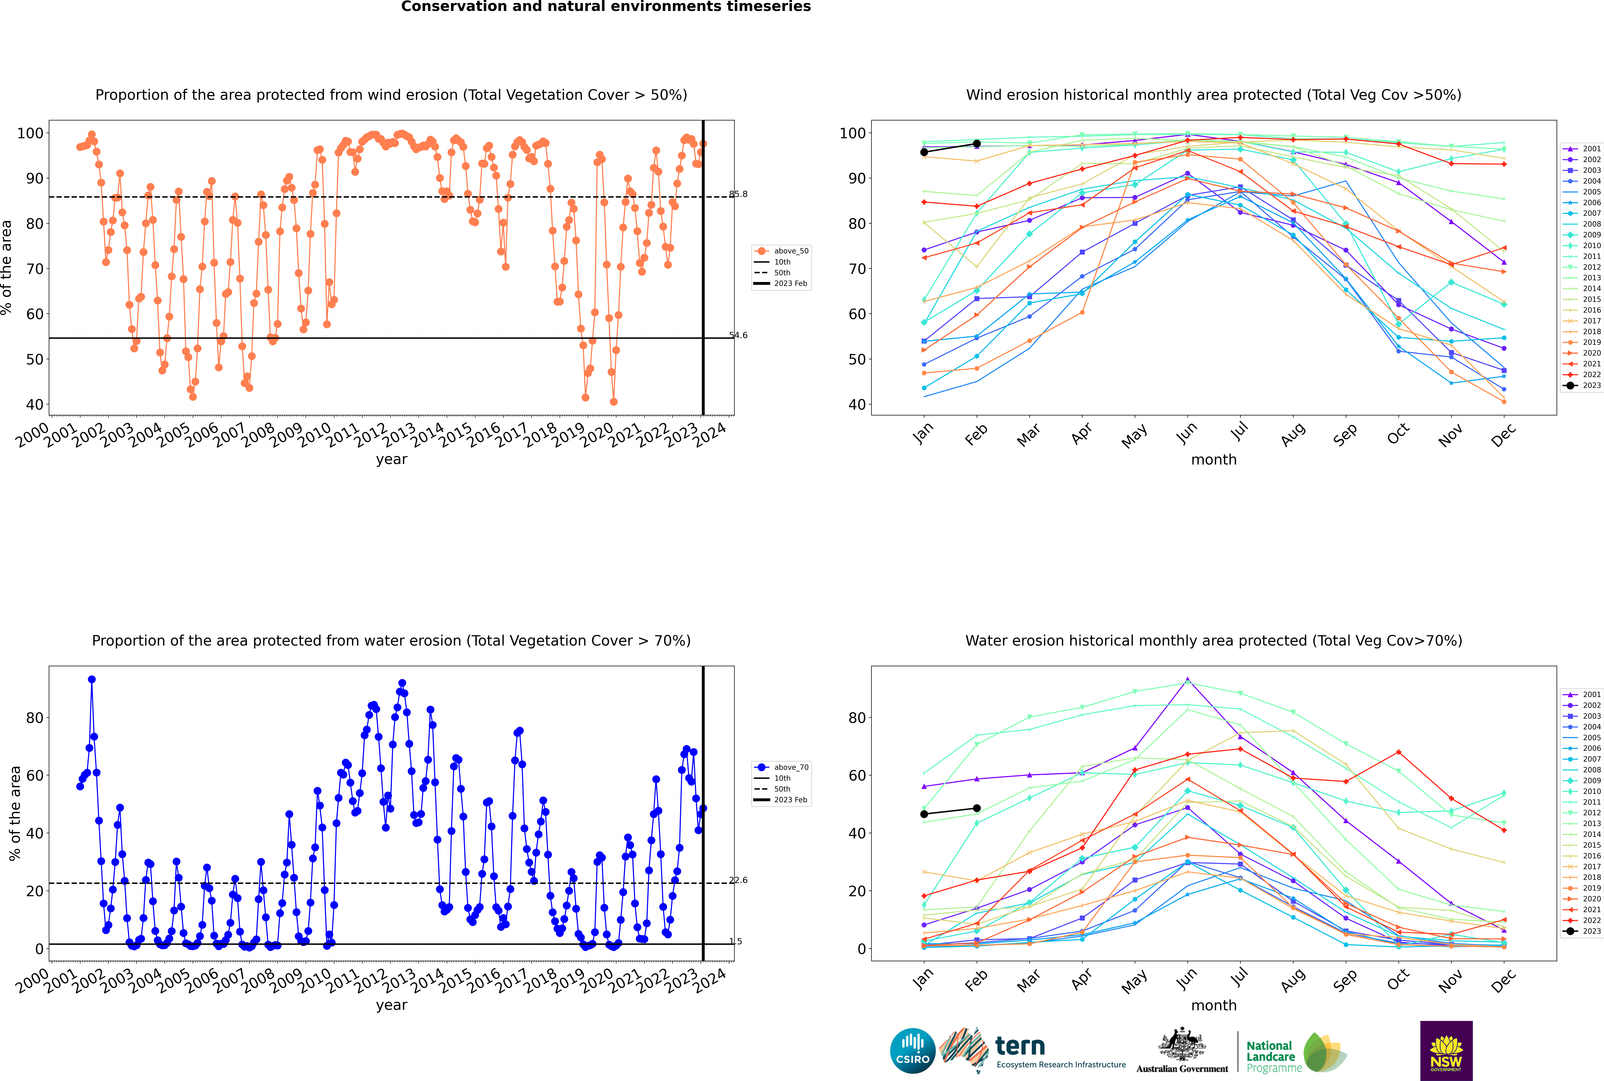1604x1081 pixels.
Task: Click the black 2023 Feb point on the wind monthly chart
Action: pyautogui.click(x=976, y=143)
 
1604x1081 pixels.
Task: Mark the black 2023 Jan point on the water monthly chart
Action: pyautogui.click(x=924, y=814)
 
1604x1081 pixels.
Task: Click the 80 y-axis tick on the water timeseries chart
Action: pyautogui.click(x=34, y=718)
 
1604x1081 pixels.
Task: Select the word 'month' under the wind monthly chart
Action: pyautogui.click(x=1214, y=460)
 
